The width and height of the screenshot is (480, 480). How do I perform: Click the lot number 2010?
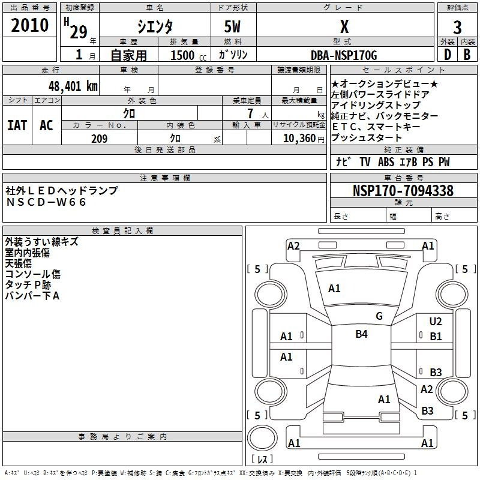[30, 25]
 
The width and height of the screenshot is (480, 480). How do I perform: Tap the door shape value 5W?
[233, 26]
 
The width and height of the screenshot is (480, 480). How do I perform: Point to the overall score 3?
[457, 26]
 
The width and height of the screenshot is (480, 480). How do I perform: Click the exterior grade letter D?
[447, 54]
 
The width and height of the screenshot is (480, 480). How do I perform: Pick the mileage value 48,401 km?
[71, 86]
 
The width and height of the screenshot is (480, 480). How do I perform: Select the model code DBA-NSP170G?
[344, 55]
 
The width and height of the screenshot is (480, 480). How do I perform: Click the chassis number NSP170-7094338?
[403, 191]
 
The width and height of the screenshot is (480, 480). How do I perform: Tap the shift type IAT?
[17, 125]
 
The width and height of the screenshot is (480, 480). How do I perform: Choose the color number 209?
[99, 139]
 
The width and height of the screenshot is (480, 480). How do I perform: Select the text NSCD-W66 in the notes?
[46, 202]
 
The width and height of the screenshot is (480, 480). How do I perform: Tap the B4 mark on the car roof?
[361, 334]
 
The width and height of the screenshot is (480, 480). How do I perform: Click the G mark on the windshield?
[379, 316]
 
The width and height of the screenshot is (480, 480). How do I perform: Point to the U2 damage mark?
[436, 322]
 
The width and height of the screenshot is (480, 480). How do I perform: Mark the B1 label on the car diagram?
[436, 337]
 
